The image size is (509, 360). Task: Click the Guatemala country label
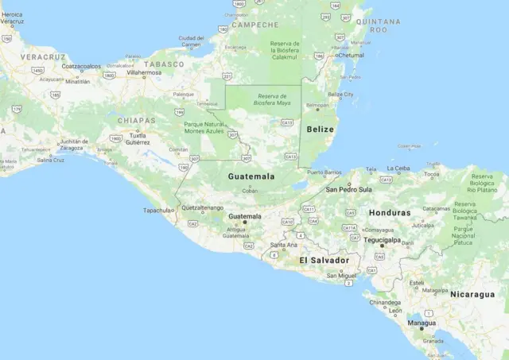[x=251, y=176]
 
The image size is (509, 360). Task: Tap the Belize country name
[x=321, y=129]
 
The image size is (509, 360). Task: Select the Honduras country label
[x=390, y=213]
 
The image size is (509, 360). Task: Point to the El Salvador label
[x=324, y=261]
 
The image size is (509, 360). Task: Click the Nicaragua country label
[x=472, y=294]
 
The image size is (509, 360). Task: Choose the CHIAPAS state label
[x=135, y=121]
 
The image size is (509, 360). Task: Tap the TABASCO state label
[x=164, y=64]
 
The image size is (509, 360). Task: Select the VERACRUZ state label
[x=42, y=58]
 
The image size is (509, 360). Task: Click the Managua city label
[x=422, y=323]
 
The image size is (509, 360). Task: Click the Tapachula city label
[x=157, y=211]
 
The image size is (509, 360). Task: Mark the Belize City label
[x=340, y=94]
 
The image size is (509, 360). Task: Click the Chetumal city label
[x=350, y=56]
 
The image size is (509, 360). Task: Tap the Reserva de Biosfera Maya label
[x=271, y=99]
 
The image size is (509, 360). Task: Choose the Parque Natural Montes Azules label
[x=204, y=128]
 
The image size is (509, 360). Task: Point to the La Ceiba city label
[x=398, y=168]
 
